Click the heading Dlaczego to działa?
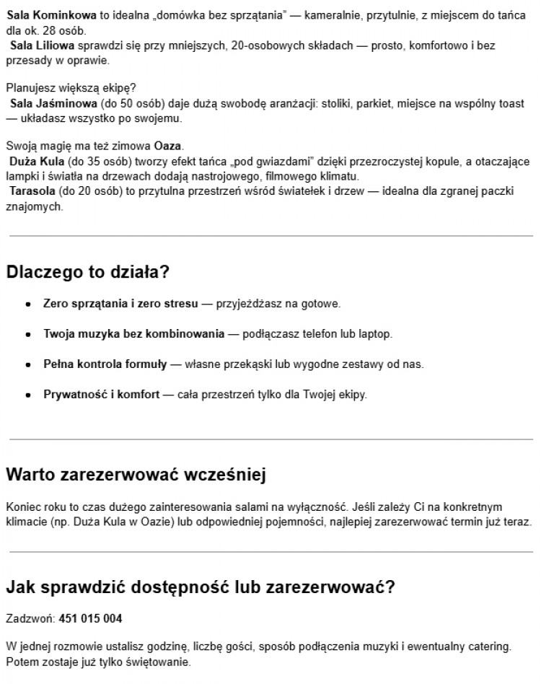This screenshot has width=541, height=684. point(87,273)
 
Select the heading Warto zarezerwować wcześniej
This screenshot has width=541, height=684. point(136,475)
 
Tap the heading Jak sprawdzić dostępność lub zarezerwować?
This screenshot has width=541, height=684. point(201,587)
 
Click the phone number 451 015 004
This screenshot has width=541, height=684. point(90,619)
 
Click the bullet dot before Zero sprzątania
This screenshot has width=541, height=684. point(28,304)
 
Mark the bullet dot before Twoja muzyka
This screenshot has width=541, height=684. point(28,335)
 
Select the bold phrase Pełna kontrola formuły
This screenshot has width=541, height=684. point(105,364)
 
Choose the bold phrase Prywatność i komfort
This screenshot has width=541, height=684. point(102,395)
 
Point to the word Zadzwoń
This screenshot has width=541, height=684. point(30,619)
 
